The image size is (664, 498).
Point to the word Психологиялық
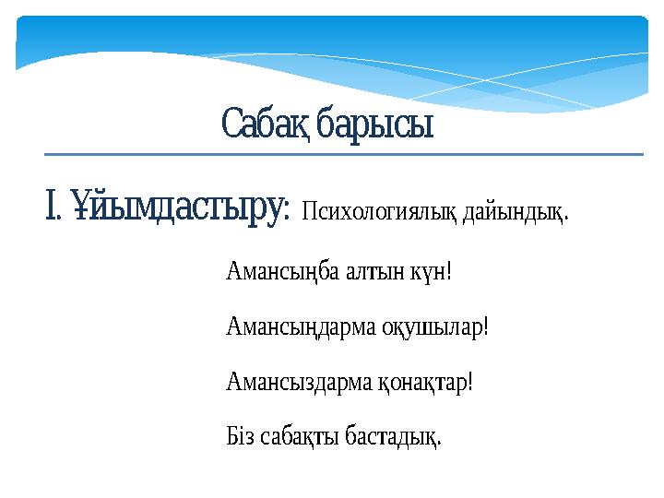coord(379,214)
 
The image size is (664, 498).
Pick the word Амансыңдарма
coord(299,327)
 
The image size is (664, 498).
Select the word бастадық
coord(392,434)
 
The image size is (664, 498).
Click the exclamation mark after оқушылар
coord(485,327)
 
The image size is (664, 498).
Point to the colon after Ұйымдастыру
coord(287,212)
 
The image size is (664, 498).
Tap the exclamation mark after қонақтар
coord(470,381)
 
